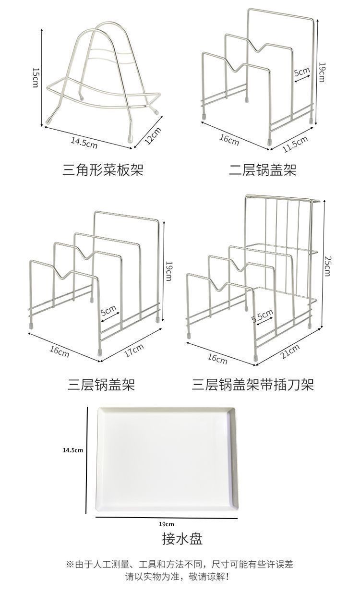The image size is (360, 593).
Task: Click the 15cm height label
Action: [x=35, y=77]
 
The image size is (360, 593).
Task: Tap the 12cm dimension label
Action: [x=154, y=136]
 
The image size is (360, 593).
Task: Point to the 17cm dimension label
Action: [x=134, y=351]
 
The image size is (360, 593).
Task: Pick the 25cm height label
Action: [x=327, y=266]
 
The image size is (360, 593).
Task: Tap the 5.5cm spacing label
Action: [x=263, y=317]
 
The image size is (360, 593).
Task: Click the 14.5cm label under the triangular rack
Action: [x=84, y=143]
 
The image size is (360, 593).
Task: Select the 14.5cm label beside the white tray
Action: [x=73, y=450]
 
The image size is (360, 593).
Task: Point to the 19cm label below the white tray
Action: [x=167, y=524]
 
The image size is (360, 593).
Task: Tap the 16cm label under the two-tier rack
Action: [x=229, y=140]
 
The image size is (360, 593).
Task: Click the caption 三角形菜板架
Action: [x=103, y=169]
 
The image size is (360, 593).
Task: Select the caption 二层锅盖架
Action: [x=262, y=169]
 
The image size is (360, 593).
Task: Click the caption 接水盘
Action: [x=182, y=539]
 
